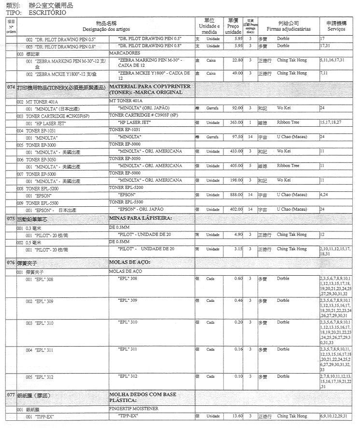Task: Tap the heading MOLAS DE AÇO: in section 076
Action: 130,262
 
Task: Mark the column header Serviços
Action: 336,30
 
